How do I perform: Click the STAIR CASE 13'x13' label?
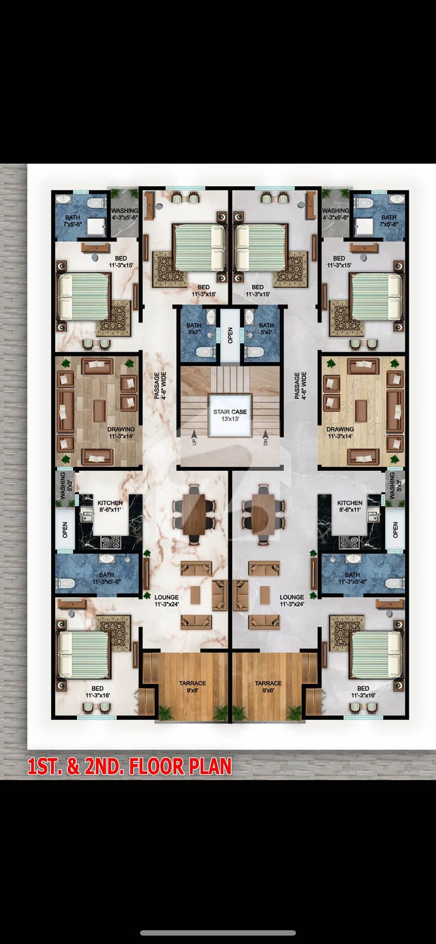point(230,415)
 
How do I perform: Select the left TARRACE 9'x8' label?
point(192,687)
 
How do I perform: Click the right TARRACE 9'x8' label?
point(268,687)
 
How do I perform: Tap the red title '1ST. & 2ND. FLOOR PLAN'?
point(130,766)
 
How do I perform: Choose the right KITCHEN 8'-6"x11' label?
point(350,506)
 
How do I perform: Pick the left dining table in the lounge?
point(194,515)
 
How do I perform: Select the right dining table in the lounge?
point(264,515)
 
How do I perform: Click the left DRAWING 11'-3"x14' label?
point(121,432)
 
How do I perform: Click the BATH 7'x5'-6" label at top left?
point(72,220)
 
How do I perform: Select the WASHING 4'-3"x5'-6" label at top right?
point(336,214)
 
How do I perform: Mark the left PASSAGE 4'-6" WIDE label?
point(160,386)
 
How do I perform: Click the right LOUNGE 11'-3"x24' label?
point(292,600)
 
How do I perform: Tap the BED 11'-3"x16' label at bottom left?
point(98,692)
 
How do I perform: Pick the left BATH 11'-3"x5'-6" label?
point(107,578)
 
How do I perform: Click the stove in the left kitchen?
point(112,542)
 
